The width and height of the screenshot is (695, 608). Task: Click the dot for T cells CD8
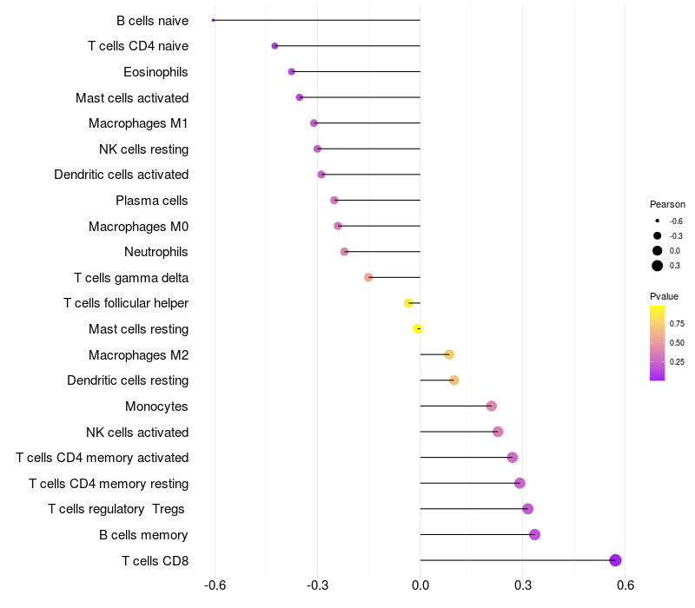(615, 560)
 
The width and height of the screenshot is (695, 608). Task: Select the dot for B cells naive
(213, 20)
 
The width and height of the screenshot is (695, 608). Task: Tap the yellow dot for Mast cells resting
(418, 329)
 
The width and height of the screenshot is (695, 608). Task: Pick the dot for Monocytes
(492, 406)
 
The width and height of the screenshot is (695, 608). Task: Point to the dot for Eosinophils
(292, 71)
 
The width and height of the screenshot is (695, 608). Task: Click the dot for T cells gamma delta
(368, 277)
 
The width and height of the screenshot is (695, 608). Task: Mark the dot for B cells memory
(534, 534)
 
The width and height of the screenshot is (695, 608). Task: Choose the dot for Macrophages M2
(449, 354)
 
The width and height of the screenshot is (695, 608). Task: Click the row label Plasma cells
(152, 201)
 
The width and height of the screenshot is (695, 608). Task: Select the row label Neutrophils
(156, 252)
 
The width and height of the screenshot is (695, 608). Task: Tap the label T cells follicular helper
(126, 303)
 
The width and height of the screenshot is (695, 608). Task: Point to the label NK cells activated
(137, 432)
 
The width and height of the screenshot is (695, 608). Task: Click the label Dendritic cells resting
(128, 380)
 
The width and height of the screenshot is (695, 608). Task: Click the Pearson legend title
(667, 204)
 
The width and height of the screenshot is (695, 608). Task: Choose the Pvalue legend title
(664, 296)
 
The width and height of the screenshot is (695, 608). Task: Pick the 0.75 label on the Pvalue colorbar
(677, 323)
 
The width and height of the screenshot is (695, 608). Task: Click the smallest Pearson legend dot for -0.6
(658, 221)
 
